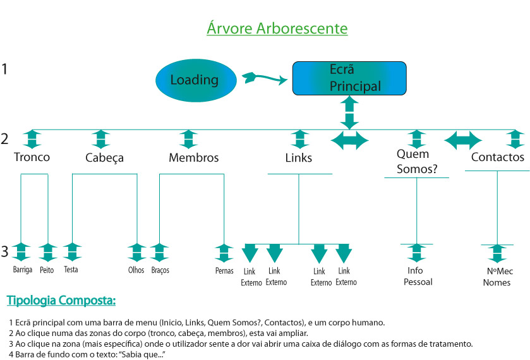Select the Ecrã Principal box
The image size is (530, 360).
[x=349, y=78]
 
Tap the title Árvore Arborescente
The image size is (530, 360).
[x=277, y=29]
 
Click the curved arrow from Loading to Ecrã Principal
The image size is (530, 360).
[x=263, y=78]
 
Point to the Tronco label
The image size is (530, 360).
[x=32, y=157]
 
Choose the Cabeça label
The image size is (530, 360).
[x=104, y=158]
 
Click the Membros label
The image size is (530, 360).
[x=193, y=158]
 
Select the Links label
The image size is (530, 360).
[x=299, y=158]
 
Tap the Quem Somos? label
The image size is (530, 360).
[x=413, y=161]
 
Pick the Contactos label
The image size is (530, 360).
[x=498, y=157]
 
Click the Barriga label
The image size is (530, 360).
[x=23, y=270]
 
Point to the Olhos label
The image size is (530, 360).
[x=136, y=270]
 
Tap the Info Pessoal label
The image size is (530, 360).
[x=417, y=276]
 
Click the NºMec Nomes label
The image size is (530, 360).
[x=497, y=277]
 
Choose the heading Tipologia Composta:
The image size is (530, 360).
[x=61, y=300]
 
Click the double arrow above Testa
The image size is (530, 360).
[x=71, y=252]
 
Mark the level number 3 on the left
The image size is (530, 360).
[x=5, y=252]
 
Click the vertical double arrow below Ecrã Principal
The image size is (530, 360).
[x=349, y=112]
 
